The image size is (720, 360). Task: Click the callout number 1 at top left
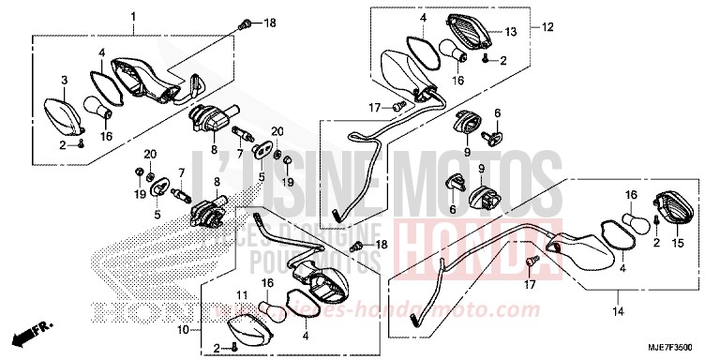133,17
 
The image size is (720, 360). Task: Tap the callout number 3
65,80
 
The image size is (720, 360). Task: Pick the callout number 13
510,32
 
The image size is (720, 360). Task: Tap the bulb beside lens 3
97,108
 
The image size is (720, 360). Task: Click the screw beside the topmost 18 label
248,22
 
